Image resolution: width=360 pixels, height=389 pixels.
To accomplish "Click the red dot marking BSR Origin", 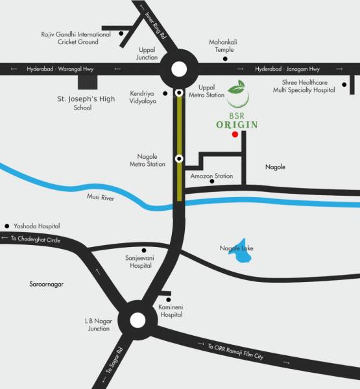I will [x=234, y=134].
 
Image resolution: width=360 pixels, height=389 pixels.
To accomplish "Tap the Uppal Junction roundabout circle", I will [x=179, y=69].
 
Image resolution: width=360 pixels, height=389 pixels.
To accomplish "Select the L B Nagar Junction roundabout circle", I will [x=138, y=320].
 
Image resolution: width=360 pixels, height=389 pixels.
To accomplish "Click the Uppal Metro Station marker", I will [x=179, y=93].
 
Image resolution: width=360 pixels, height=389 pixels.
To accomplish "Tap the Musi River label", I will [x=101, y=197].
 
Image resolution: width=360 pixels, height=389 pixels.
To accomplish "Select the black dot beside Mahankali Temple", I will [x=225, y=58].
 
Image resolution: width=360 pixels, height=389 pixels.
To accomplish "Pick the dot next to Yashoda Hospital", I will [x=6, y=226].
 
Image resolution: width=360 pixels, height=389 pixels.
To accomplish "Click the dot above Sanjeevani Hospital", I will [x=143, y=250].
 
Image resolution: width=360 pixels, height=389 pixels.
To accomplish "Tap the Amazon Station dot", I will [x=211, y=182].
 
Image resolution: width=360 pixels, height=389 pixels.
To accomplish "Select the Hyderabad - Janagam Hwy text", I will [x=287, y=69].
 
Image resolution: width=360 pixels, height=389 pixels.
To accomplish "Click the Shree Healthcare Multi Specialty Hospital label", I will [x=307, y=87].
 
